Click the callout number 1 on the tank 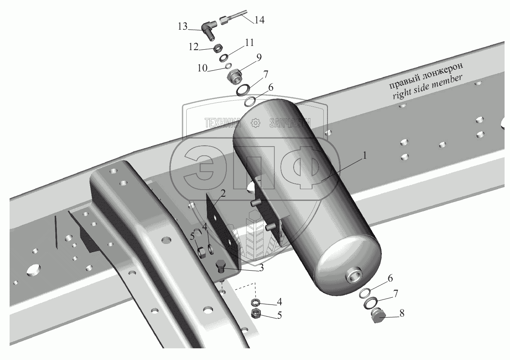click(x=365, y=156)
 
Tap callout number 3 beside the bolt click(x=261, y=268)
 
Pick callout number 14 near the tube click(x=260, y=19)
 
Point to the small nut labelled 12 click(x=217, y=48)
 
